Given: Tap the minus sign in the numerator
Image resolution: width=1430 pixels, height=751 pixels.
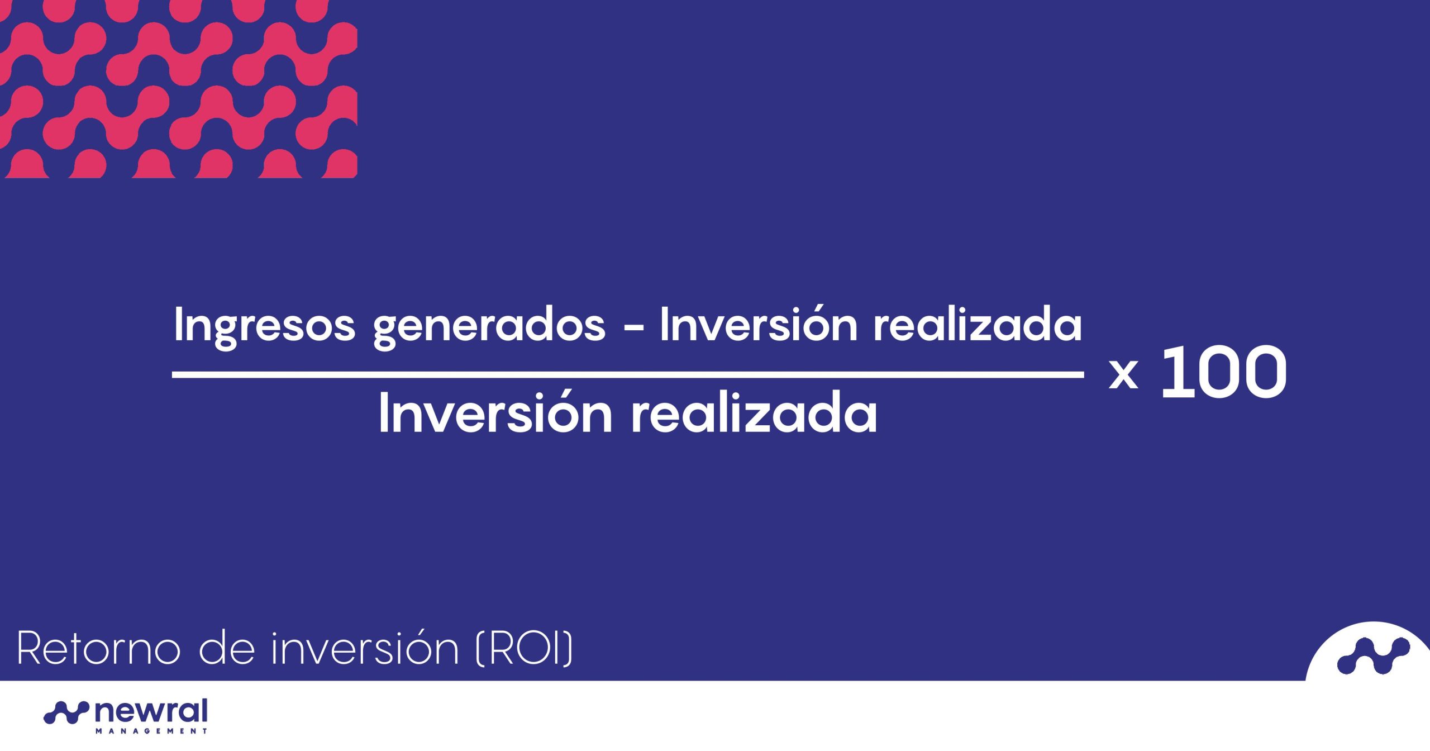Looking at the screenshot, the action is [633, 330].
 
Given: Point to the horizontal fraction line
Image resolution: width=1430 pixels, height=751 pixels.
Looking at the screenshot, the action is [628, 375].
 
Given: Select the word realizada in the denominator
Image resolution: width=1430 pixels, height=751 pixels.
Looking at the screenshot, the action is [754, 413].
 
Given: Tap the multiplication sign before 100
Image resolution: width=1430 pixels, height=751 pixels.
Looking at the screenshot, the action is [1123, 375].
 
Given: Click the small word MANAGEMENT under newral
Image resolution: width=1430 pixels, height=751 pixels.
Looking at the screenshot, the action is [151, 731].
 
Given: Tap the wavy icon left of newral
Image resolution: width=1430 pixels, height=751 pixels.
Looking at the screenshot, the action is [66, 712].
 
